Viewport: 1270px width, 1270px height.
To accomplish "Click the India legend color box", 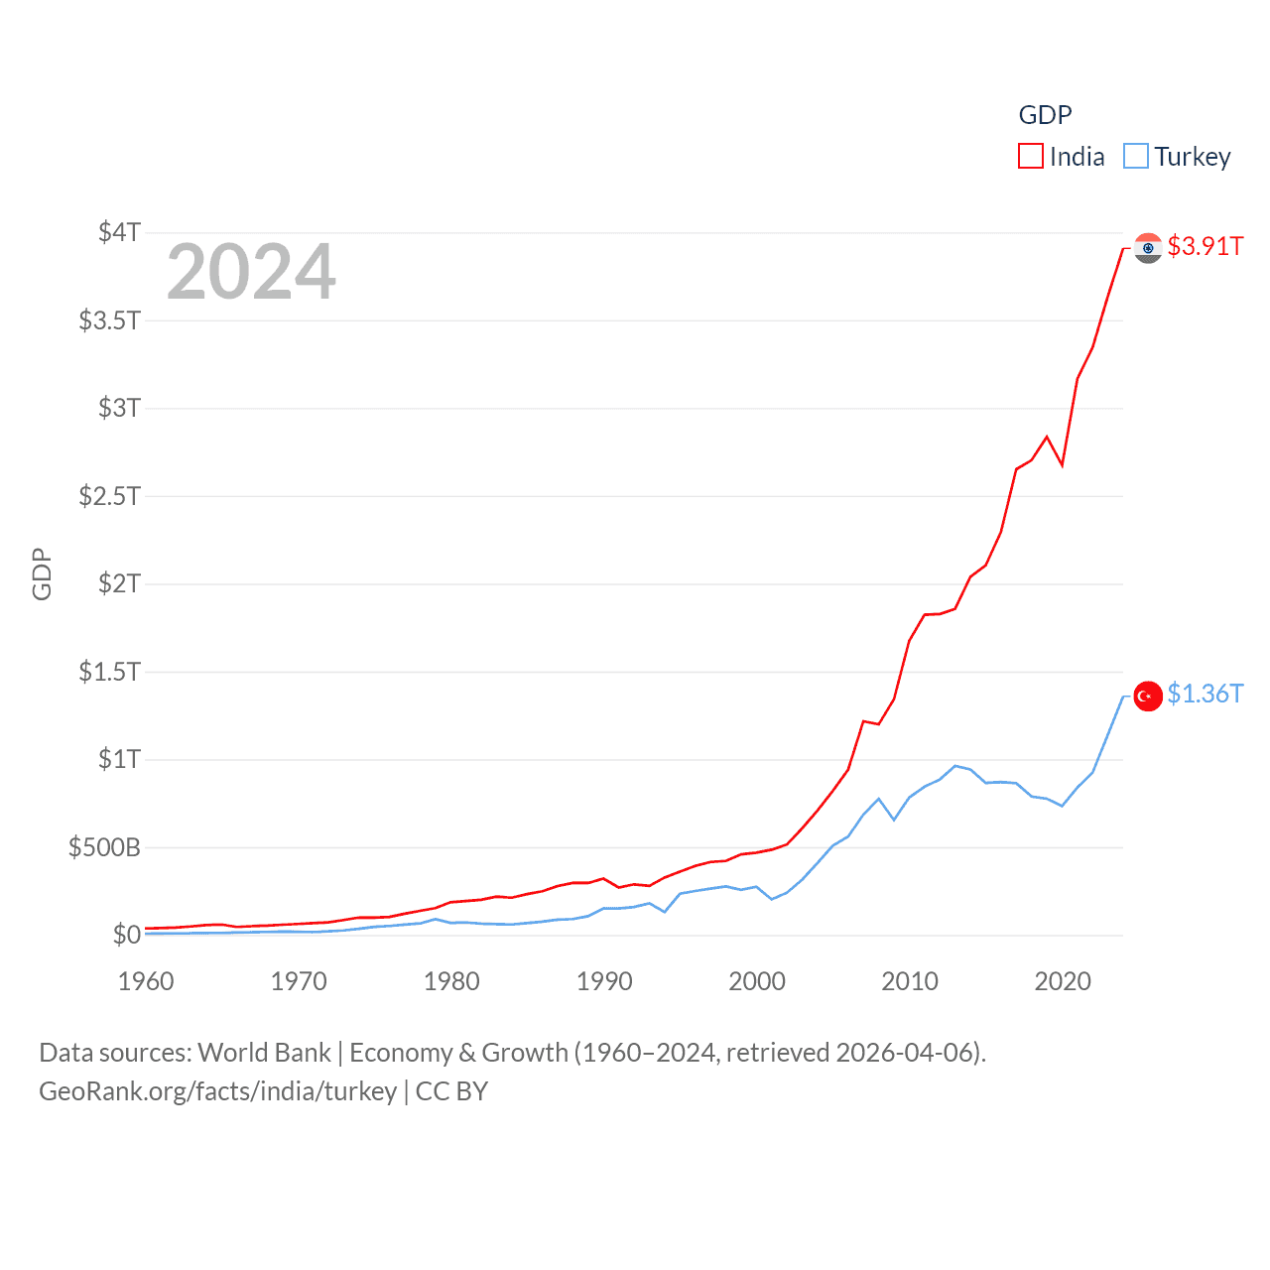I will [x=1031, y=157].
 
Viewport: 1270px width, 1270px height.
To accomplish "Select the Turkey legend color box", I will [x=1136, y=157].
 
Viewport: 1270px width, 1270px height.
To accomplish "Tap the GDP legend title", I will [x=1045, y=115].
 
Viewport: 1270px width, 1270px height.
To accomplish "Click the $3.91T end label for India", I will [x=1205, y=246].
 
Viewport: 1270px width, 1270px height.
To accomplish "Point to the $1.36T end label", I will [x=1205, y=694].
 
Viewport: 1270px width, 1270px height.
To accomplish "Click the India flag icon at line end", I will [x=1148, y=248].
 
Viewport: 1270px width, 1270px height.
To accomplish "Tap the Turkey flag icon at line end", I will [x=1148, y=697].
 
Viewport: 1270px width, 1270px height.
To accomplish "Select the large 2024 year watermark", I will [x=251, y=272].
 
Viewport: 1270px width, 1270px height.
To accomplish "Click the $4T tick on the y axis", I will [x=119, y=232].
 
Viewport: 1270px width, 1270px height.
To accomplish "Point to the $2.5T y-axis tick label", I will [x=109, y=495].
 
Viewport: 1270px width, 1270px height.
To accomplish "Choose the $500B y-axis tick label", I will [x=104, y=847].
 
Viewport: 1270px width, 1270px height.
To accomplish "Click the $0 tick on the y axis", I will [x=126, y=935].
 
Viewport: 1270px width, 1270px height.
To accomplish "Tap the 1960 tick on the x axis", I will [x=146, y=981].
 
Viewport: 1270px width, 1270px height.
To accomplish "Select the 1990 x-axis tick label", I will [x=604, y=981].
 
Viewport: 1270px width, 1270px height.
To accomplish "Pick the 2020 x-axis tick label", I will [x=1063, y=981].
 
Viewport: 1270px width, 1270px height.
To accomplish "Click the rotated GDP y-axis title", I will [x=42, y=573].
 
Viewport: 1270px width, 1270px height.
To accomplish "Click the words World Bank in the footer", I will [x=264, y=1052].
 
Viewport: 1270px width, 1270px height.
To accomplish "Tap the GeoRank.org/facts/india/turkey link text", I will [x=217, y=1091].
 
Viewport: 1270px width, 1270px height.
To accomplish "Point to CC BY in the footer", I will [x=451, y=1091].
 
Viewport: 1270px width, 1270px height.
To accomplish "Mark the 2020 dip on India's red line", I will [x=1062, y=464].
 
